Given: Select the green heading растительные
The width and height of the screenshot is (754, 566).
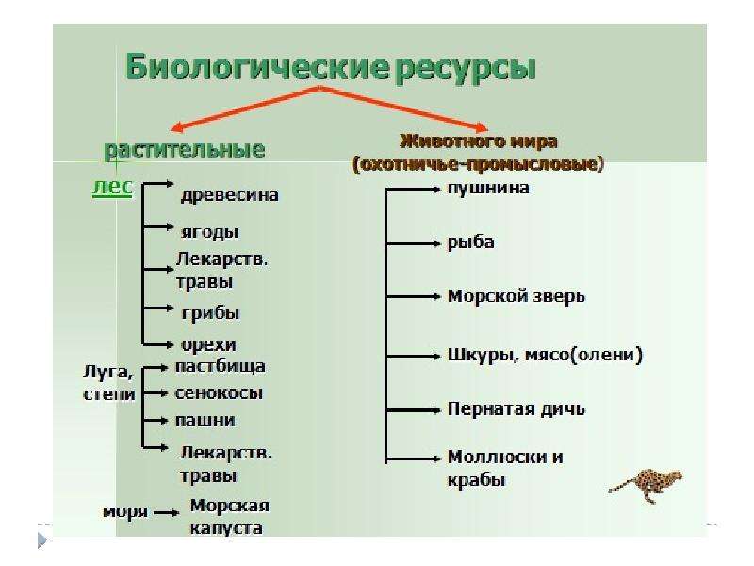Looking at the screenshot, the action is [185, 150].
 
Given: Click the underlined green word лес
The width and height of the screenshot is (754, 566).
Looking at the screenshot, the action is [112, 187].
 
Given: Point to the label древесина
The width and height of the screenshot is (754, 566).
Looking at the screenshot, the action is [230, 195].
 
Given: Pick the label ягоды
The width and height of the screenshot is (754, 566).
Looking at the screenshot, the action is [209, 232].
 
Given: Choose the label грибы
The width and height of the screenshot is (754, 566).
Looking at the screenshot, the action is [210, 314].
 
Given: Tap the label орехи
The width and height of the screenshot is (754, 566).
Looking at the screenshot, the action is [208, 344].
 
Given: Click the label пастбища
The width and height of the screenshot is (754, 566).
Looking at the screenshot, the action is [221, 366].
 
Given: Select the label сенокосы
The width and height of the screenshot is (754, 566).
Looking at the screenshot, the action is [219, 393].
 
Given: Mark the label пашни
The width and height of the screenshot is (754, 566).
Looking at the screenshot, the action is [205, 421].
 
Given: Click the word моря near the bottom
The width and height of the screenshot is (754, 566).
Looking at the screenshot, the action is [125, 511].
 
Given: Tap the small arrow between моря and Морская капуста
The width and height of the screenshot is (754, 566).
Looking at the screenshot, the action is [167, 513].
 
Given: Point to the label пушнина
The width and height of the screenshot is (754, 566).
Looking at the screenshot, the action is [488, 188].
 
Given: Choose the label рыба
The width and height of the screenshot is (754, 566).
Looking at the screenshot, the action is [470, 242].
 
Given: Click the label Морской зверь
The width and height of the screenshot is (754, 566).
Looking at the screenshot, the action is [516, 296].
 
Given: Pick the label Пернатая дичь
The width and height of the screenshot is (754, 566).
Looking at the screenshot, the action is [516, 409].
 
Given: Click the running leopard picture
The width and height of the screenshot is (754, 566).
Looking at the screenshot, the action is [646, 485].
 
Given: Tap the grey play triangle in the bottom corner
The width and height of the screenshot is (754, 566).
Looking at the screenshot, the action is [42, 540].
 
